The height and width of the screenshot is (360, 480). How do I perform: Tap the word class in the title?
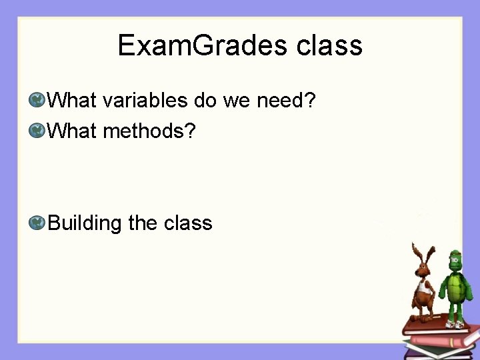pos(329,45)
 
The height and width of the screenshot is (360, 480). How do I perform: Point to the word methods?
pos(149,131)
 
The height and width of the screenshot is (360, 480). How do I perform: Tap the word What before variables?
pos(73,101)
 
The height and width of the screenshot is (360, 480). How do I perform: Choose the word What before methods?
pos(73,131)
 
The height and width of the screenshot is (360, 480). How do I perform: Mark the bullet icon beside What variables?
pos(37,101)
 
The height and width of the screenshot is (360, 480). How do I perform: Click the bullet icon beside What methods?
pos(37,131)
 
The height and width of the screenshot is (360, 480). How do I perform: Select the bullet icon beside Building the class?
pos(37,223)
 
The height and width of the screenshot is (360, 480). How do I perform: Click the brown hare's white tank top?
pos(422,290)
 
